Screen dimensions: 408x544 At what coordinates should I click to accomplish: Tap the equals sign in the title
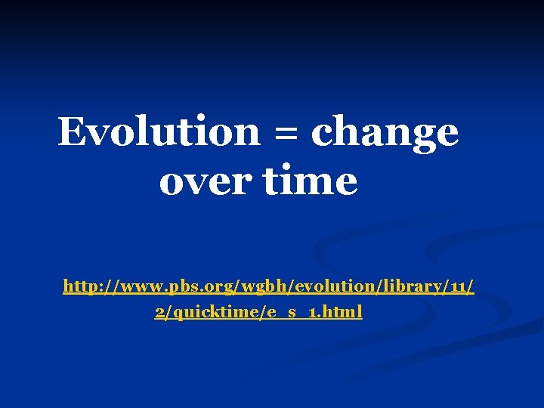(x=286, y=133)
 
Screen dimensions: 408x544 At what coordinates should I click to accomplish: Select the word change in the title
(x=385, y=133)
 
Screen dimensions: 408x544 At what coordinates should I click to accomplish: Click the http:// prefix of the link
(x=86, y=286)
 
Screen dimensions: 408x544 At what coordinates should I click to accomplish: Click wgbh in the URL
(x=260, y=287)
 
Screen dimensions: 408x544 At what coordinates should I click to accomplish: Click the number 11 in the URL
(x=456, y=286)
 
